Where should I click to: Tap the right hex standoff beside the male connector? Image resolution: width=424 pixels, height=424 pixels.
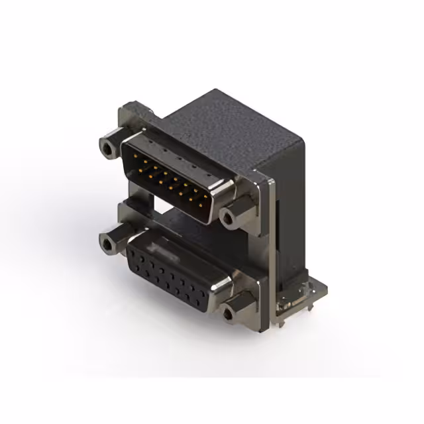232,217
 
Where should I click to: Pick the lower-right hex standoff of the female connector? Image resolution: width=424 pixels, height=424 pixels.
233,311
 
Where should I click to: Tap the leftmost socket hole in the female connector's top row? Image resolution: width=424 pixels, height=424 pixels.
136,251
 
